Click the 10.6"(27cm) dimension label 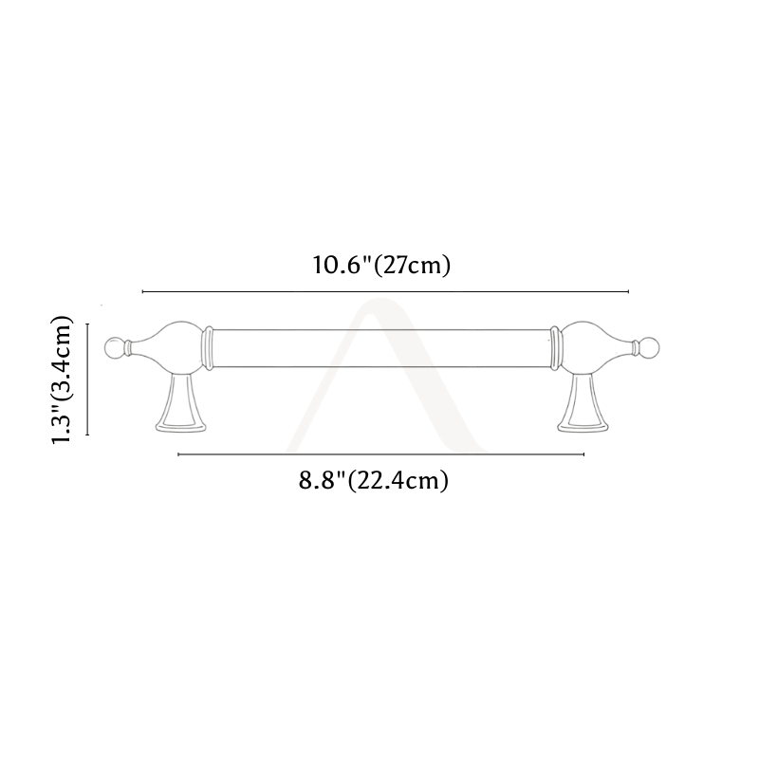tap(381, 265)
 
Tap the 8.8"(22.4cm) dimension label tap(373, 480)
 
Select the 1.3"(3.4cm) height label tap(62, 379)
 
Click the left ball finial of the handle tap(114, 348)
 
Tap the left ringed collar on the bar tap(208, 348)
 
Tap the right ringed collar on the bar tap(555, 348)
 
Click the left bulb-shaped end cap tap(170, 347)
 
